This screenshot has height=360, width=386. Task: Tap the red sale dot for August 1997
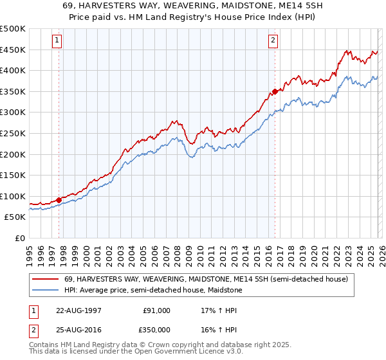[x=59, y=199]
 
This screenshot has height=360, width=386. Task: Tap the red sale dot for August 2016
[x=275, y=91]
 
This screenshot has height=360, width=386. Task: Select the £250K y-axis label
[x=13, y=134]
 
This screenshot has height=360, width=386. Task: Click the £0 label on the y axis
[x=20, y=239]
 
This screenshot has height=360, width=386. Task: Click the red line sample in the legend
[x=46, y=280]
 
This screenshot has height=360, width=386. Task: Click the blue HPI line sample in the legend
[x=46, y=290]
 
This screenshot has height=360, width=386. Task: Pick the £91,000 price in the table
[x=156, y=310]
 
